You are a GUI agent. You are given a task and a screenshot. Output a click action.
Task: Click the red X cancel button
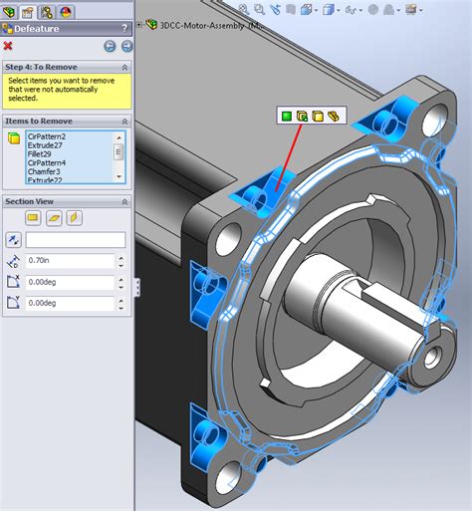tap(9, 46)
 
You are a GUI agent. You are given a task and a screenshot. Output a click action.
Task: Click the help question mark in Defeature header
tap(124, 28)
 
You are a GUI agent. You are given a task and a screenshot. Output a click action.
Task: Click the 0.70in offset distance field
tap(75, 261)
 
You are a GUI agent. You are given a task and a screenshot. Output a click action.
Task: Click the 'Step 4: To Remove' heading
tap(43, 66)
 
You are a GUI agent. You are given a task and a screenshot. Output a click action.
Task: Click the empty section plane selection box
tap(75, 240)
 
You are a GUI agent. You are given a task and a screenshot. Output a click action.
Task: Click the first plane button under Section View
tap(32, 218)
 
